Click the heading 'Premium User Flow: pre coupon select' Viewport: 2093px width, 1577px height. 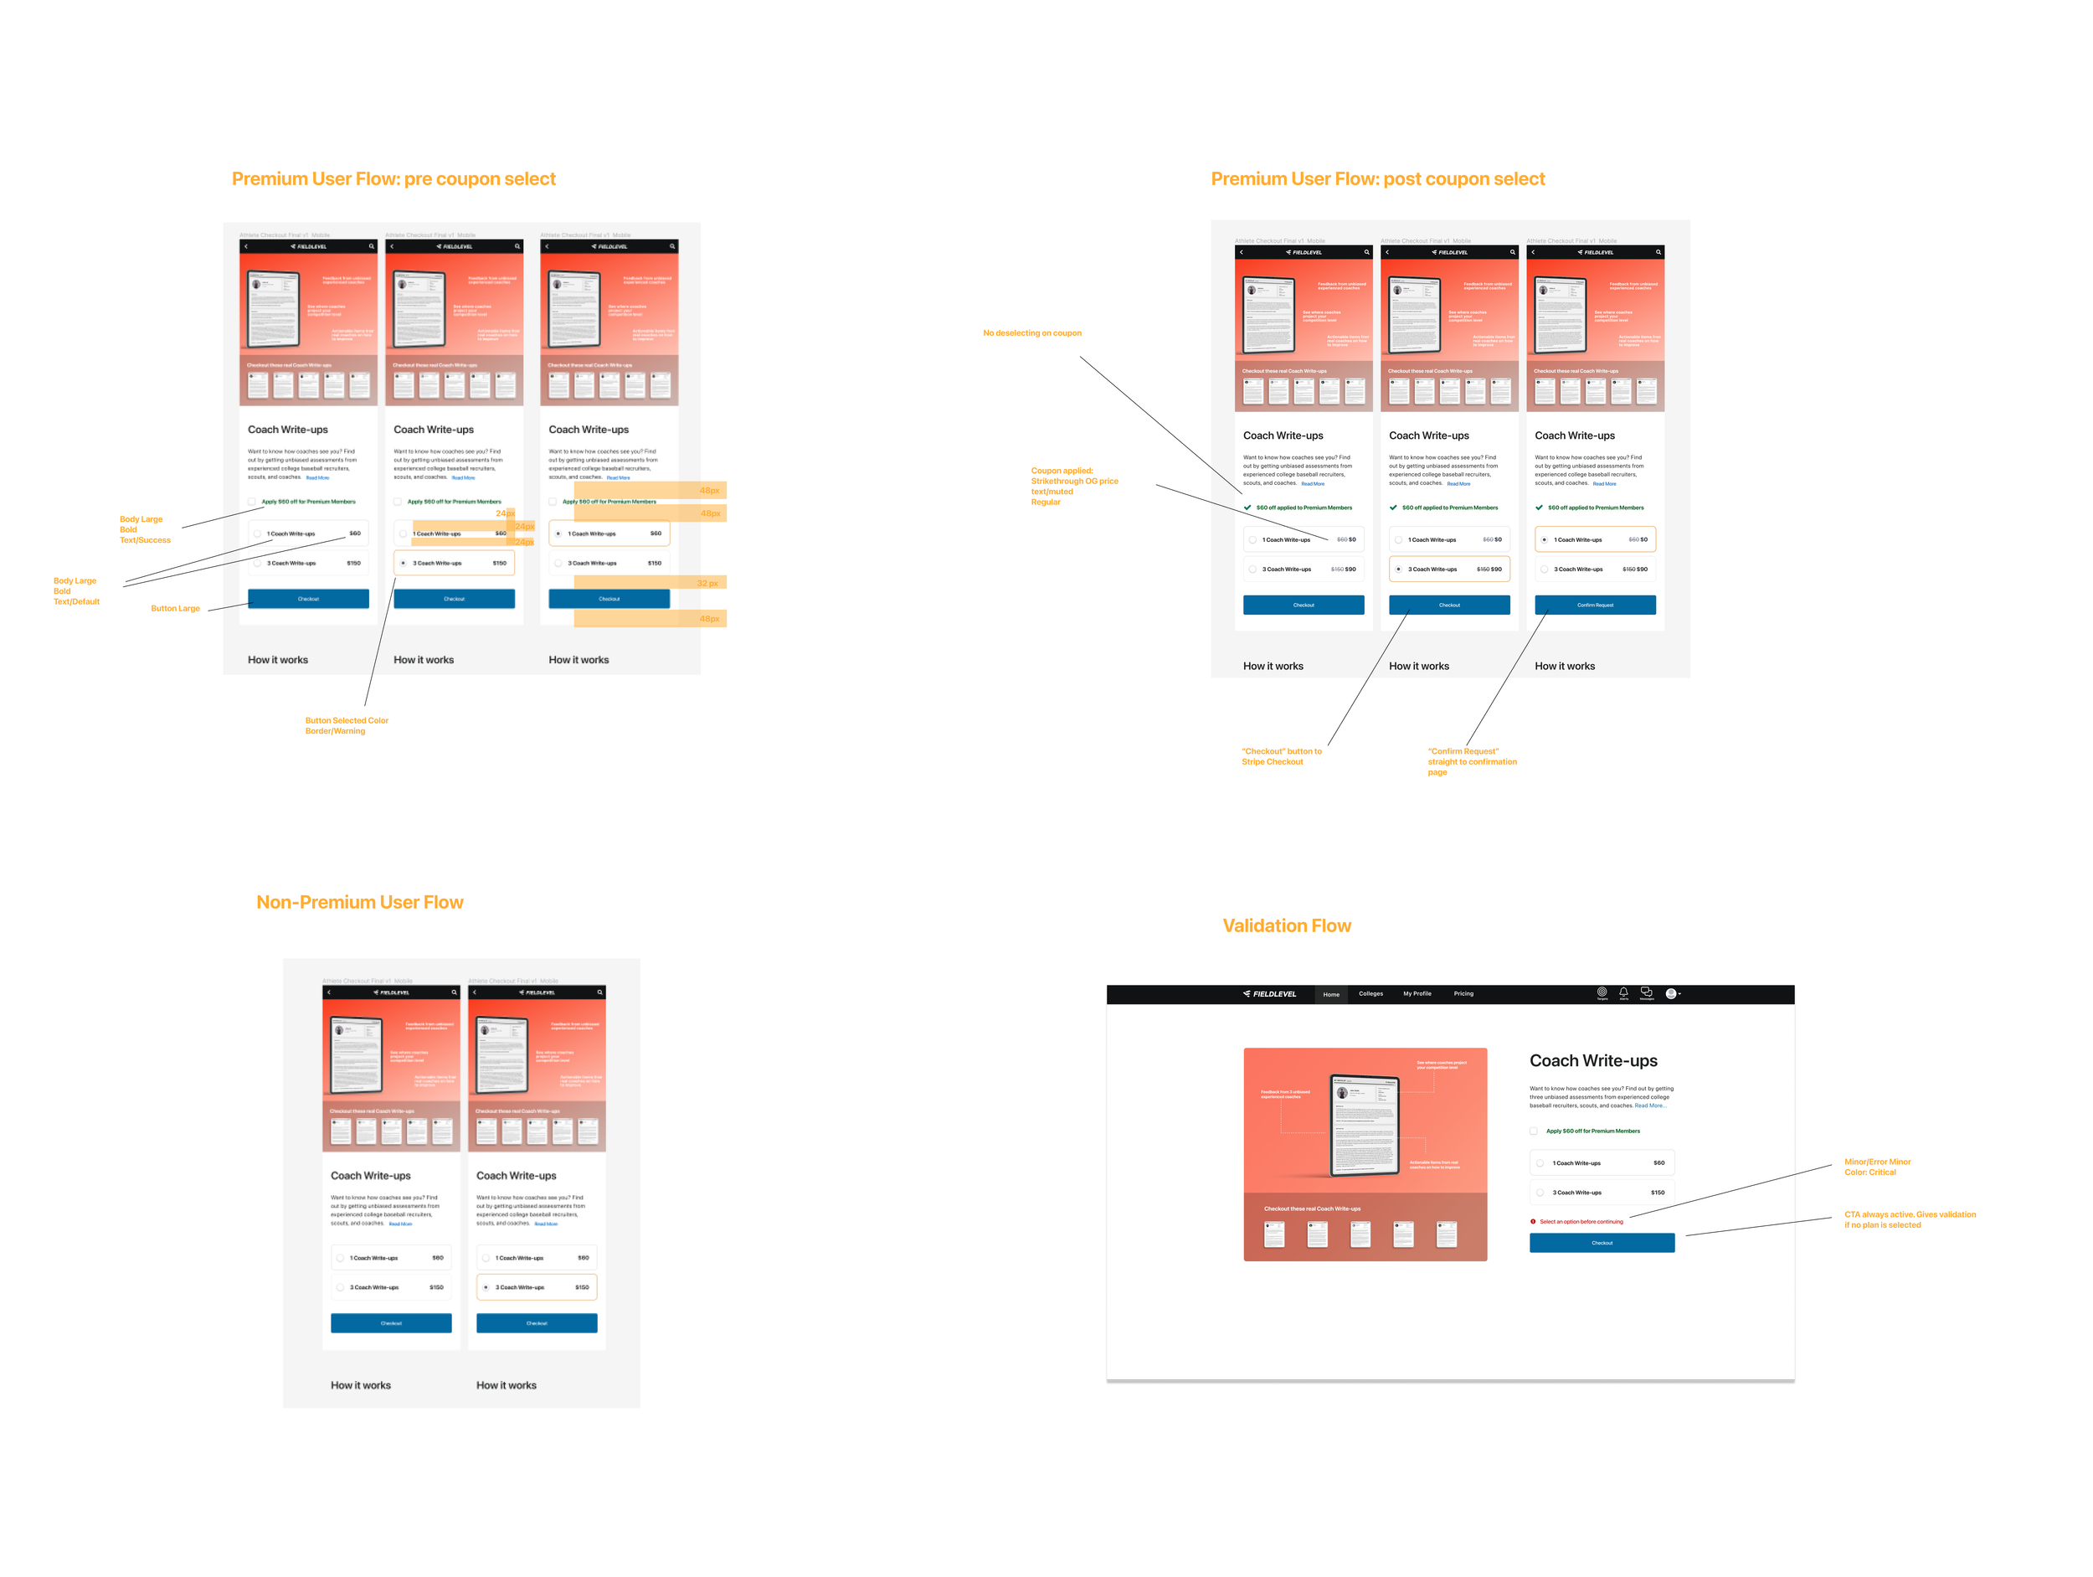393,179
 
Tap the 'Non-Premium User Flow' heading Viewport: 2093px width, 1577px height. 359,902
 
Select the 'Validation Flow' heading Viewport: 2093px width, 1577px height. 1286,925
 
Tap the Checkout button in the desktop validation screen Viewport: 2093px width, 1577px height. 1601,1243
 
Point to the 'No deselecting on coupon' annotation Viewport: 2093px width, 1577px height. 1031,333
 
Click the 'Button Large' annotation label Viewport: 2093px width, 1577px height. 175,609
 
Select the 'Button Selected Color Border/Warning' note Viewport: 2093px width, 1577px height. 347,726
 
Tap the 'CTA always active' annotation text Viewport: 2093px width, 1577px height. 1909,1219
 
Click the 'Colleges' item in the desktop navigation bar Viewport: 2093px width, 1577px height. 1370,994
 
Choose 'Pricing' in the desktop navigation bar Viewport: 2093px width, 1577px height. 1463,994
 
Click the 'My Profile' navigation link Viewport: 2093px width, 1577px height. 1417,994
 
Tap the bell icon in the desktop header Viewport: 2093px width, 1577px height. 1623,992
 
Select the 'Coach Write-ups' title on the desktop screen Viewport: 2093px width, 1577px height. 1592,1061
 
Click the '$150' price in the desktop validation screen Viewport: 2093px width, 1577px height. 1657,1193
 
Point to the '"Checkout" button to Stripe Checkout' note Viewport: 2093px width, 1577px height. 1281,756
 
